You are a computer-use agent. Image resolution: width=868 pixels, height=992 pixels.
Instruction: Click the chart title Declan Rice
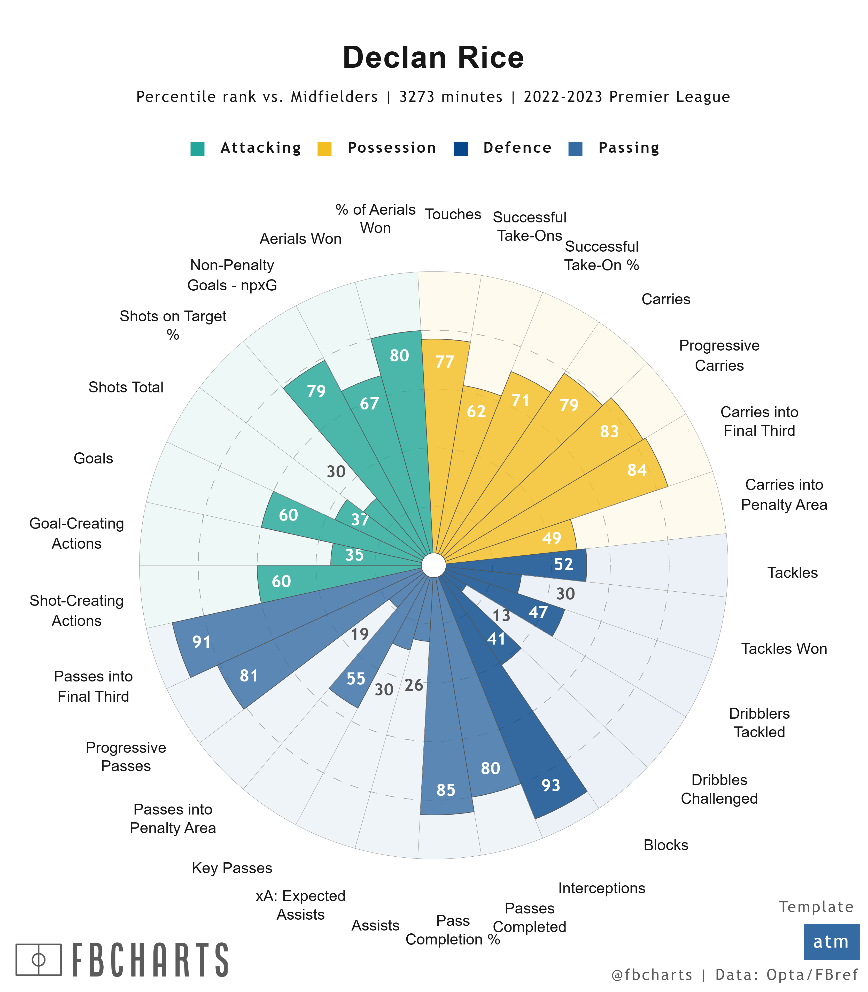coord(433,58)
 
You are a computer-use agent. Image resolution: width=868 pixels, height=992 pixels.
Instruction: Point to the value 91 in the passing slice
coord(202,642)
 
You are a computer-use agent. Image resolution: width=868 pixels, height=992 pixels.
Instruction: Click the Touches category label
coord(453,214)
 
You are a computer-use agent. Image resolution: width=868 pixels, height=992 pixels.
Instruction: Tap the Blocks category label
coord(665,845)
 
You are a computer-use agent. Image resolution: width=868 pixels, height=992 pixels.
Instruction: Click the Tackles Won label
coord(784,649)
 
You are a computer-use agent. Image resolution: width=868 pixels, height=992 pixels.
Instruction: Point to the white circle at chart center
coord(433,565)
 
